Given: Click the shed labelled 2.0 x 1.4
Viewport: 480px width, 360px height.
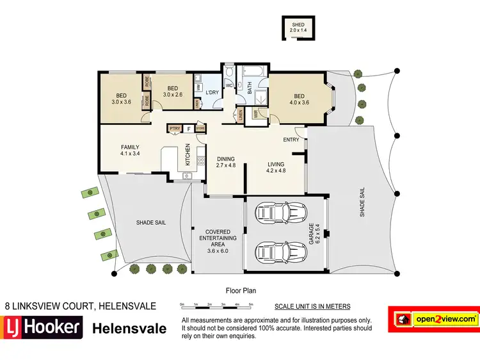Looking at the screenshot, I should click(298, 28).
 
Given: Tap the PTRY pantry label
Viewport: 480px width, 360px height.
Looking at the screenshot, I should click(174, 129).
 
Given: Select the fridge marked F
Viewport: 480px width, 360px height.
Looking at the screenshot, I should click(189, 129).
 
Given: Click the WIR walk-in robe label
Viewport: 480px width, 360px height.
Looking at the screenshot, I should click(255, 115).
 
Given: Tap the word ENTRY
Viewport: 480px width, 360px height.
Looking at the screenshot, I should click(291, 140).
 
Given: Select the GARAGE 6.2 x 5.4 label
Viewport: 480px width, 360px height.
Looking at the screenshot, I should click(312, 233).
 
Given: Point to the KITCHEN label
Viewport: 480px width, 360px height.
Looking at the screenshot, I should click(188, 155).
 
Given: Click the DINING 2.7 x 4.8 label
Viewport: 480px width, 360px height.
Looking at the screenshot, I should click(226, 163).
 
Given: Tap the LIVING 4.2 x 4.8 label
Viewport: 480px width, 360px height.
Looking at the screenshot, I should click(280, 168).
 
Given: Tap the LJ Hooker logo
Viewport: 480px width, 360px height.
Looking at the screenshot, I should click(42, 327).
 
